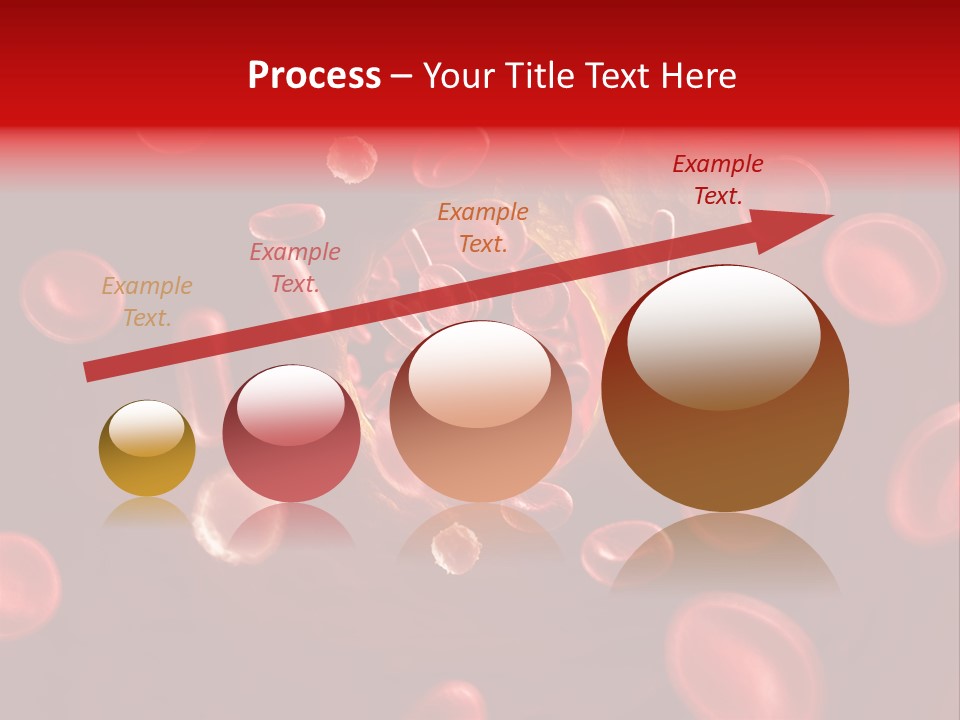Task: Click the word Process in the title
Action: click(x=314, y=76)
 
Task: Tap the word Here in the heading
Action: click(x=697, y=76)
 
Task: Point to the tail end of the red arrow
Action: click(x=90, y=372)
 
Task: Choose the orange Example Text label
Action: click(x=483, y=227)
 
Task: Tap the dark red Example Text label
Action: click(x=718, y=180)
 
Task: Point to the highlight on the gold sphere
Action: click(x=147, y=427)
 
